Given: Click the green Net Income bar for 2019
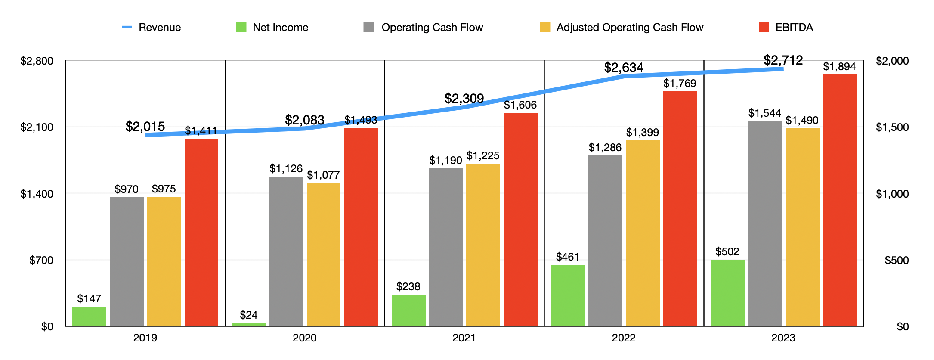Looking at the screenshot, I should pos(89,316).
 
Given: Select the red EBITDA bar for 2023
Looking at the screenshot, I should pos(839,200).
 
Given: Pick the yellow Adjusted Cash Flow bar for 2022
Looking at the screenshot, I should pos(643,233).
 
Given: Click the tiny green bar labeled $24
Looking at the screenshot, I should pos(249,324).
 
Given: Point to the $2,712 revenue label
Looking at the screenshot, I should pos(783,60).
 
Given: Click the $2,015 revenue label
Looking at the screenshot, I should pos(145,127).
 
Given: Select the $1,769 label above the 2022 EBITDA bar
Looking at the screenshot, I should pos(680,84).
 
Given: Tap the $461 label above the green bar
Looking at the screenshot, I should pos(567,257).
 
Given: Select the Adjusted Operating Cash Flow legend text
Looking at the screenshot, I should pos(629,28).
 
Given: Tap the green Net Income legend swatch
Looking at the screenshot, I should pos(241,27).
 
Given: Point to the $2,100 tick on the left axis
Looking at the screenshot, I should pos(37,127).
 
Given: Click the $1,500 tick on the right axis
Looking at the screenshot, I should pos(892,127).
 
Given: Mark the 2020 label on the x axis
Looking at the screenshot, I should pos(304,338).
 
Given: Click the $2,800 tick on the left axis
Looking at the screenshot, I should pos(37,61).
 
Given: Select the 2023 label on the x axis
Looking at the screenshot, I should pos(783,338).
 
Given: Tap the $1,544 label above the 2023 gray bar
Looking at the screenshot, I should pos(764,113).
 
